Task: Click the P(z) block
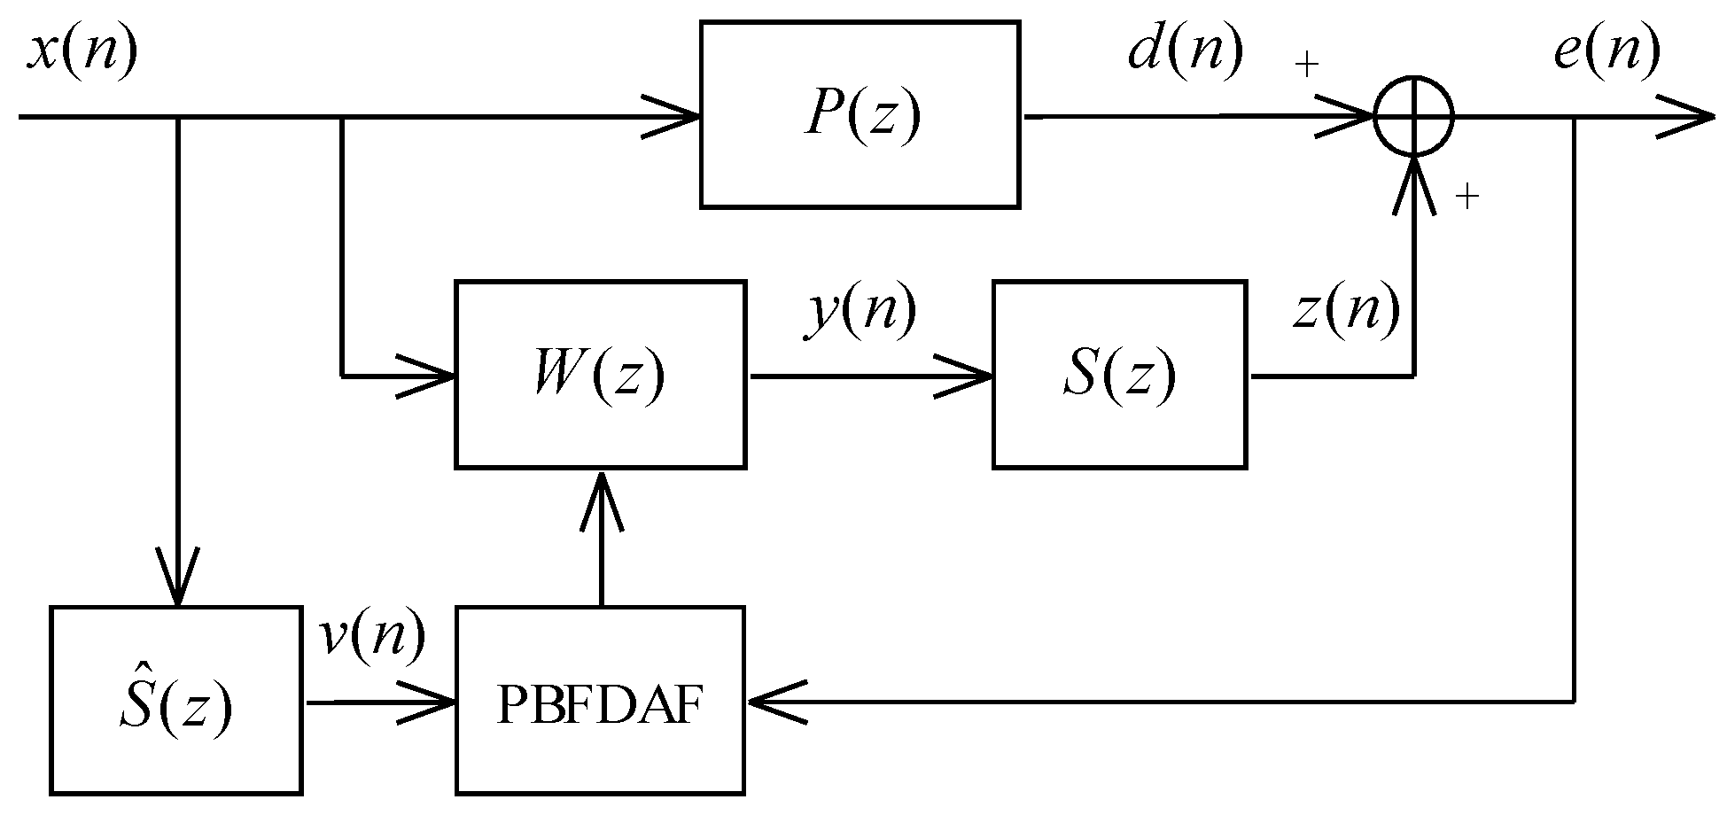pyautogui.click(x=860, y=115)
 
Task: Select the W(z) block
pyautogui.click(x=600, y=374)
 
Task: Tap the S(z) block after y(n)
pyautogui.click(x=1119, y=374)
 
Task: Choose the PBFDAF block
pyautogui.click(x=600, y=701)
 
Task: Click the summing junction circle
pyautogui.click(x=1413, y=116)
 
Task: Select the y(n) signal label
pyautogui.click(x=860, y=312)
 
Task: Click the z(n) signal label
pyautogui.click(x=1346, y=312)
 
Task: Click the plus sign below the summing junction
pyautogui.click(x=1467, y=198)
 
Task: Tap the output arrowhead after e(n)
pyautogui.click(x=1688, y=116)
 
